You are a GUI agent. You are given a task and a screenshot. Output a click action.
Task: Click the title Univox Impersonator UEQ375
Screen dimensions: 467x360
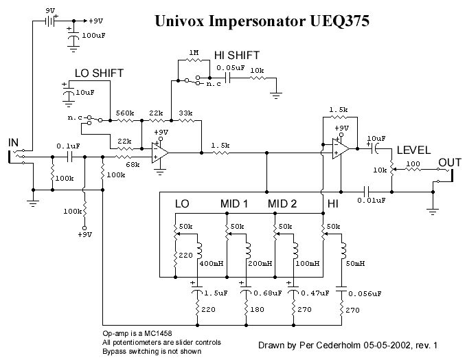(262, 21)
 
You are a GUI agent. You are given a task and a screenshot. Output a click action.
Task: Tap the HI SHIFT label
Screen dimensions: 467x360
(237, 56)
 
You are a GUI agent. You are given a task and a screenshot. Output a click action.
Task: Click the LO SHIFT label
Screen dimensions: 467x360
(99, 74)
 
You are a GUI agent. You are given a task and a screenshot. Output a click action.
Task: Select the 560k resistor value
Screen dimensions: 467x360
(125, 113)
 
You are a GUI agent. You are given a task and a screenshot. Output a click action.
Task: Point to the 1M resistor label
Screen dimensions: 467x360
(194, 53)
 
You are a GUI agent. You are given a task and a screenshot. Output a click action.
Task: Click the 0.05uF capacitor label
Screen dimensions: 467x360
(231, 68)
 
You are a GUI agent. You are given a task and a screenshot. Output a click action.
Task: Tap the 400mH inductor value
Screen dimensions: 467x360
(212, 263)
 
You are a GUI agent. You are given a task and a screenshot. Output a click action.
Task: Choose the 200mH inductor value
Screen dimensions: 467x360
(260, 263)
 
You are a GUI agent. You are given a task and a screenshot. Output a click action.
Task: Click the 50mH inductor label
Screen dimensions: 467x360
(355, 263)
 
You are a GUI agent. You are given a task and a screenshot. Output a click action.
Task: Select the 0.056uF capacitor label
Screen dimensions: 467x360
(365, 294)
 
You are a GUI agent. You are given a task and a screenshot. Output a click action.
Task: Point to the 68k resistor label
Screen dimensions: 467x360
(133, 164)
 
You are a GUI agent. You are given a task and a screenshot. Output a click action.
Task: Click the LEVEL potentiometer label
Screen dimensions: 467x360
(413, 150)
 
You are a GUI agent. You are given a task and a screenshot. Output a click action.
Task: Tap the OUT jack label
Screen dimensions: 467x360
(450, 163)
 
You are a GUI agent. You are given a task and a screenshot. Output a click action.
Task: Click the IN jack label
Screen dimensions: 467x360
(14, 143)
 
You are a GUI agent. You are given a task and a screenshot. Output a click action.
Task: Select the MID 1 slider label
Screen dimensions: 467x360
(234, 204)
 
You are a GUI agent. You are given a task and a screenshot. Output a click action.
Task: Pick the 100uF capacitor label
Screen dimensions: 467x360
(93, 35)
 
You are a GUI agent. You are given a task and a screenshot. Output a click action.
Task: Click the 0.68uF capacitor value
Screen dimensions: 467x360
(268, 293)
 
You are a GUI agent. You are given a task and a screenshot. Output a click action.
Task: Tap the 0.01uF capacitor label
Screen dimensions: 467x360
(372, 200)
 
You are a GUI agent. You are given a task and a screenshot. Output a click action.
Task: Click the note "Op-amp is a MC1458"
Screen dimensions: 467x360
(137, 333)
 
